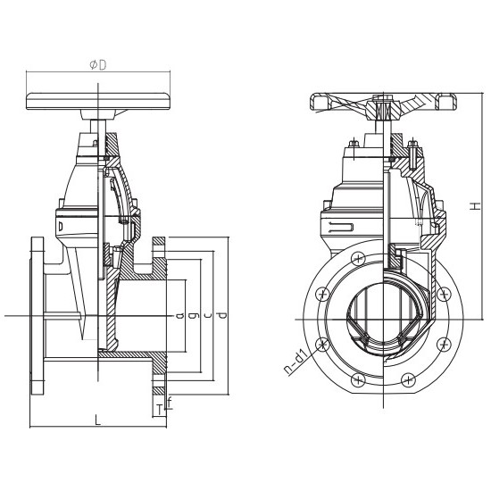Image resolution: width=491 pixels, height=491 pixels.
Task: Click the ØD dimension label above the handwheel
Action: (98, 65)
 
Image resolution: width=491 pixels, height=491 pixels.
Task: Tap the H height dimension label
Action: (475, 206)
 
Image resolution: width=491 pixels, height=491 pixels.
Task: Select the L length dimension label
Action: (98, 420)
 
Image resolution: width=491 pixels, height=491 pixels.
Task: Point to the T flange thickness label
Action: (160, 410)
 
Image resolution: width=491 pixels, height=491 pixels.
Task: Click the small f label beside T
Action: (170, 403)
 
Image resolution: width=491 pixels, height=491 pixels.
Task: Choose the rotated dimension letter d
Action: (222, 315)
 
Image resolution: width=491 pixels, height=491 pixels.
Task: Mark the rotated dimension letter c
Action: (208, 315)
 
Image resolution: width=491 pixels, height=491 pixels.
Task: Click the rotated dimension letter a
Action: (179, 315)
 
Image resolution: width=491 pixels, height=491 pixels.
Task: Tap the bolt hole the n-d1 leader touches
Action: (322, 344)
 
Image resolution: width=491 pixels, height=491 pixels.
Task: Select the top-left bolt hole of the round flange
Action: (359, 259)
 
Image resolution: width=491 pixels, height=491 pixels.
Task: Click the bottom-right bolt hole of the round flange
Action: (408, 379)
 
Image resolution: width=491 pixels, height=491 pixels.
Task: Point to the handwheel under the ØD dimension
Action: (98, 101)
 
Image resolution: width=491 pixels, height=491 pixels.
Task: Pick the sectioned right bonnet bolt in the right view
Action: (412, 153)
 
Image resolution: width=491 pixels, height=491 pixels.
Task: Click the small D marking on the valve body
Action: (61, 226)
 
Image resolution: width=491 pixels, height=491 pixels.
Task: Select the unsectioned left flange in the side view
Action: (37, 316)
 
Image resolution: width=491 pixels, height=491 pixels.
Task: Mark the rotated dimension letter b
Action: (194, 315)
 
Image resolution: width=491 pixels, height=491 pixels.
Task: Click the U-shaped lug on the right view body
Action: (341, 227)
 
